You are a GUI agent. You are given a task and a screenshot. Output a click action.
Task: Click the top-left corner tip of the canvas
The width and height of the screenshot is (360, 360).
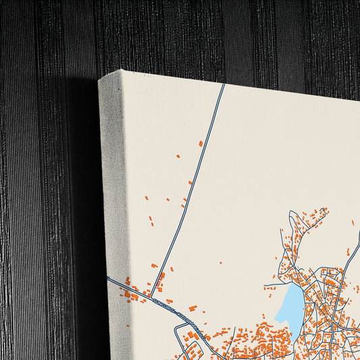point(99,80)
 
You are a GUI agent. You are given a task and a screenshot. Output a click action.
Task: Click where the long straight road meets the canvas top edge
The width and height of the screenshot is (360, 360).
point(224,84)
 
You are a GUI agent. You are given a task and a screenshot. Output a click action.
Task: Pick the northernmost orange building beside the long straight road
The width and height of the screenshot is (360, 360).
point(201,143)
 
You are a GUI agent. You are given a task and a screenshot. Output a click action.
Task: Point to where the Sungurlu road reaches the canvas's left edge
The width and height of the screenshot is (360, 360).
point(108,278)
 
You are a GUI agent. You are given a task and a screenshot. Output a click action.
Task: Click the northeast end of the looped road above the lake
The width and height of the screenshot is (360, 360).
point(325,210)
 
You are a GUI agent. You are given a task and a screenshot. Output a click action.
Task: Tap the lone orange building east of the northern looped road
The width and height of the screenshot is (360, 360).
point(353,221)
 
